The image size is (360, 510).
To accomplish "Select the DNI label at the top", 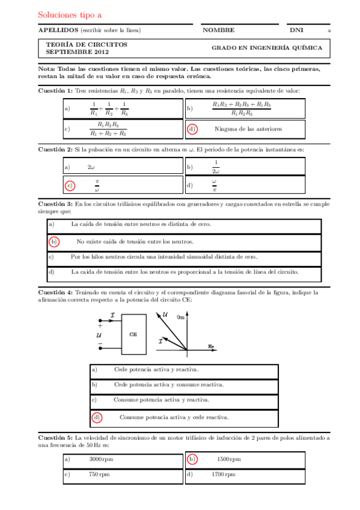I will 296,30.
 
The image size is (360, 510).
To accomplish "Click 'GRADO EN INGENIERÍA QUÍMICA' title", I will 266,48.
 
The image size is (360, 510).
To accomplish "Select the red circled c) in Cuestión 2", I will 70,185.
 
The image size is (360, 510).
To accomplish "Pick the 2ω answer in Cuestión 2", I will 92,167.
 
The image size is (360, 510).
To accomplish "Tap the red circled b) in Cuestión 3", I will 53,242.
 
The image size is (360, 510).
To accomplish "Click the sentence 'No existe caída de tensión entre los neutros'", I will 135,242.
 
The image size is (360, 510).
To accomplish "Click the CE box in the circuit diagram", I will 133,333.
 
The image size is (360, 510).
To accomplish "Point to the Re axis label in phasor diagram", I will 211,346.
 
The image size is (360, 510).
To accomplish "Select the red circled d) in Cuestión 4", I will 96,417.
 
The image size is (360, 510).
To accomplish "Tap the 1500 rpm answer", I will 228,459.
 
